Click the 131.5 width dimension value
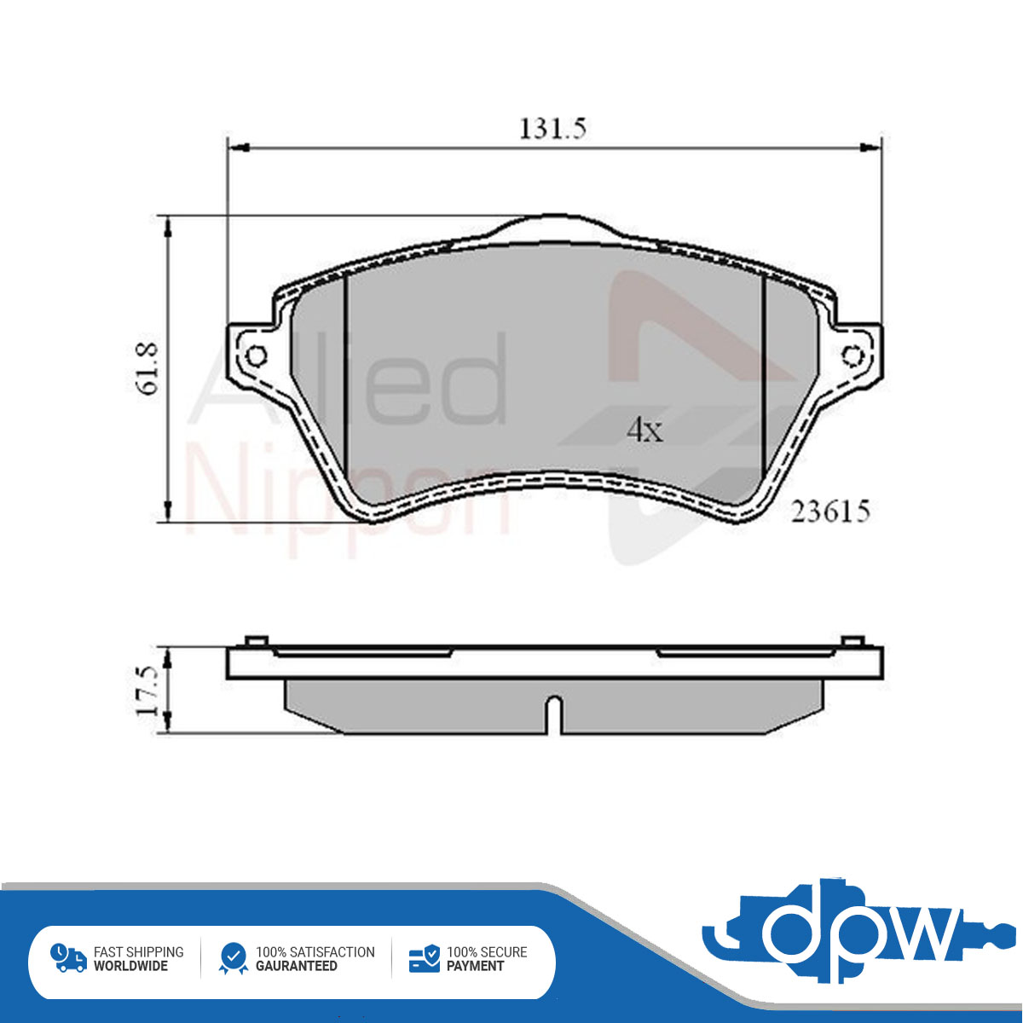552,129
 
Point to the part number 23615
830,511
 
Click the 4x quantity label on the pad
644,430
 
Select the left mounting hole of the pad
257,355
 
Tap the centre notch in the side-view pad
555,714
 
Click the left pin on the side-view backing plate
257,641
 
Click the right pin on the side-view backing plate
853,641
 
